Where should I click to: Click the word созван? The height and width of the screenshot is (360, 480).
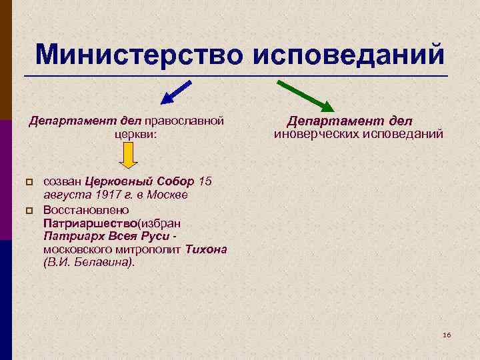point(62,182)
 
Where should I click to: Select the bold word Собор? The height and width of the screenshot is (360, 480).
point(177,182)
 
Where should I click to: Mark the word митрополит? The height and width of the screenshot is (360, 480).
point(147,249)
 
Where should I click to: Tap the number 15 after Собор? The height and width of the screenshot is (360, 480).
point(205,182)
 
